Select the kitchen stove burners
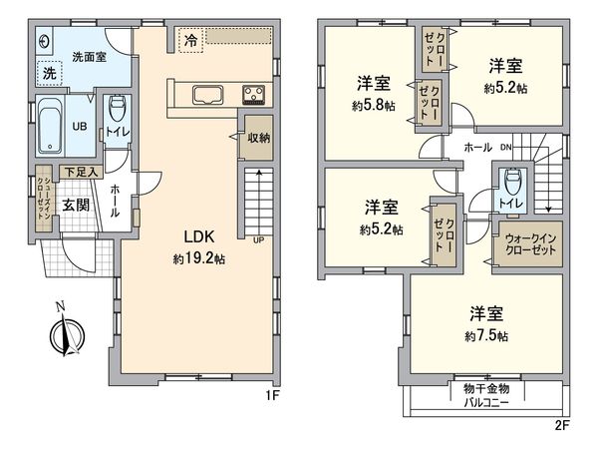pos(253,96)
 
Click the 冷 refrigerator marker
pos(189,41)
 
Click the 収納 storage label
pos(257,138)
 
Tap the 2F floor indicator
pos(561,424)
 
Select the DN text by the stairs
pos(506,148)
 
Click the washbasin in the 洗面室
pos(46,41)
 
